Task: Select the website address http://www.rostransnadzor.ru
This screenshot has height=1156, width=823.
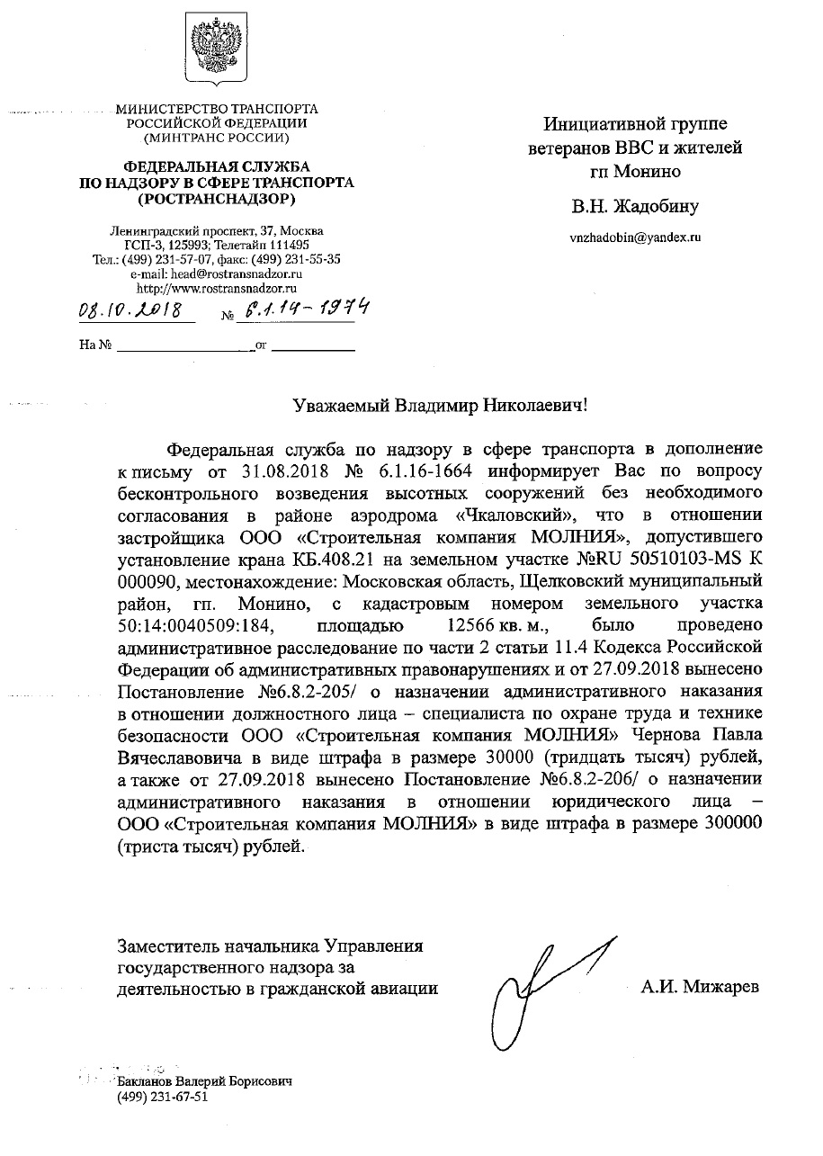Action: (217, 288)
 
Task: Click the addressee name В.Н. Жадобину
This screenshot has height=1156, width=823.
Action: (635, 207)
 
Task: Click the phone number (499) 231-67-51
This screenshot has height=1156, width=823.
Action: (163, 1097)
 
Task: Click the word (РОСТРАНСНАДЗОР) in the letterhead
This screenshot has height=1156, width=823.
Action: (217, 197)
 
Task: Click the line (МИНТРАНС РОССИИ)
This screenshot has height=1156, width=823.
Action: (217, 139)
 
